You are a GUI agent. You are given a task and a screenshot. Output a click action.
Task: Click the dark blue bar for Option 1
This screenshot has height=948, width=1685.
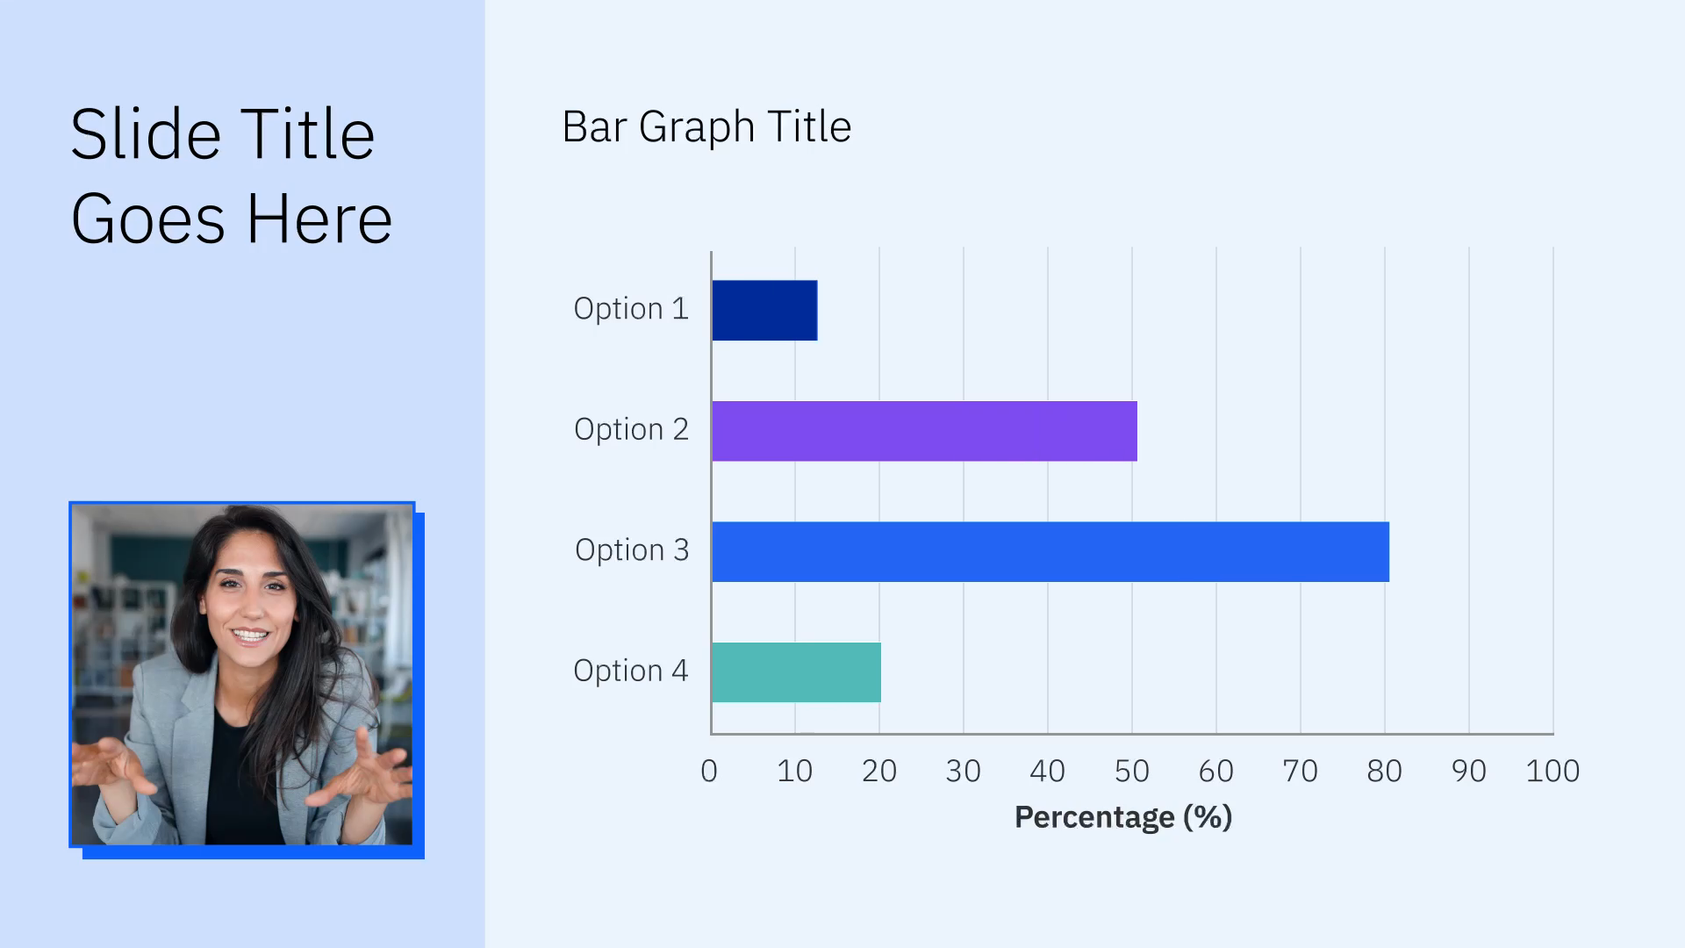(x=764, y=311)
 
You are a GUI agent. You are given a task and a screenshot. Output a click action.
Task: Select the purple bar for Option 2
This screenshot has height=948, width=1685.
(x=924, y=431)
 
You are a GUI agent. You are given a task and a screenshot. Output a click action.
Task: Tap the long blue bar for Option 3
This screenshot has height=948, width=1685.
(x=1050, y=552)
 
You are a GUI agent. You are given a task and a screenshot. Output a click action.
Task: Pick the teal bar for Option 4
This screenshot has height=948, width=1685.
(x=796, y=672)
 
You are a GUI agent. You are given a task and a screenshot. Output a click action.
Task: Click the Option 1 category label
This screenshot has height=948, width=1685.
(x=631, y=309)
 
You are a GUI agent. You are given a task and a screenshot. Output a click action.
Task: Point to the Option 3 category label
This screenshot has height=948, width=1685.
(x=632, y=550)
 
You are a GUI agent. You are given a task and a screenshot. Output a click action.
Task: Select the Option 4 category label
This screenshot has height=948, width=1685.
(x=631, y=671)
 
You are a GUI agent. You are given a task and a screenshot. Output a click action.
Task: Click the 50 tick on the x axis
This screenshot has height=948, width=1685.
(x=1131, y=771)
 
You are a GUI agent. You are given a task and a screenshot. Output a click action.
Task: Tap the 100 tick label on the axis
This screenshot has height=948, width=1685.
(x=1552, y=771)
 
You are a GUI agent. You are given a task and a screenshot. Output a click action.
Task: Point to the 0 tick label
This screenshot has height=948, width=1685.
(x=709, y=771)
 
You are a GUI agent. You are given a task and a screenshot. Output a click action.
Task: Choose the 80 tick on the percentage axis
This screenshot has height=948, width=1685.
(x=1384, y=771)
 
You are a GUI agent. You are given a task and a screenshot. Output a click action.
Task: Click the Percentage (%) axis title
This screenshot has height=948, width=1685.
(x=1123, y=817)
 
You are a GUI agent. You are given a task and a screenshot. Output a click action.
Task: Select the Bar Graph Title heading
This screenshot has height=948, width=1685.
(x=706, y=127)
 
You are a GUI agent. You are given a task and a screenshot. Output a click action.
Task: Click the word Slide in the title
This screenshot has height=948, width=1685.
(x=145, y=135)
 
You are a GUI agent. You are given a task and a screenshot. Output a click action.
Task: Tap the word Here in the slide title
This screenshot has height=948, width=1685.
(x=319, y=219)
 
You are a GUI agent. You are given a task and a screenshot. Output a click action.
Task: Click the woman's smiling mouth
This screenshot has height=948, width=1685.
(x=249, y=635)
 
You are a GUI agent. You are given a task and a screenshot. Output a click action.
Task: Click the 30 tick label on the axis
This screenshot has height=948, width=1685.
(x=963, y=771)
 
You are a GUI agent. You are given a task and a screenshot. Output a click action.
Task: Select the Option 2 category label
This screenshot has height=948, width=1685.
(x=631, y=429)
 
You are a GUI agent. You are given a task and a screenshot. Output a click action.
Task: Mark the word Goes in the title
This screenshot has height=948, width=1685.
(x=147, y=219)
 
